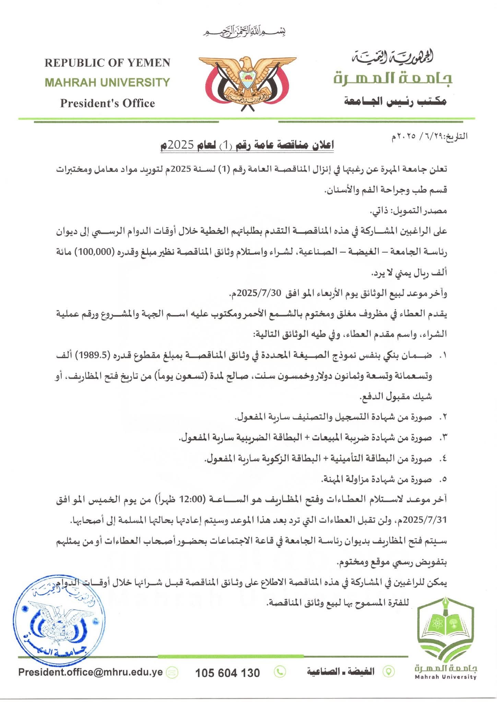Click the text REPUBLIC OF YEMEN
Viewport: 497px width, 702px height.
point(107,63)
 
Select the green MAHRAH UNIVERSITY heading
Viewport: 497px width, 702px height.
point(107,82)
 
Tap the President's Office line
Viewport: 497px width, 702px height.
point(107,103)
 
